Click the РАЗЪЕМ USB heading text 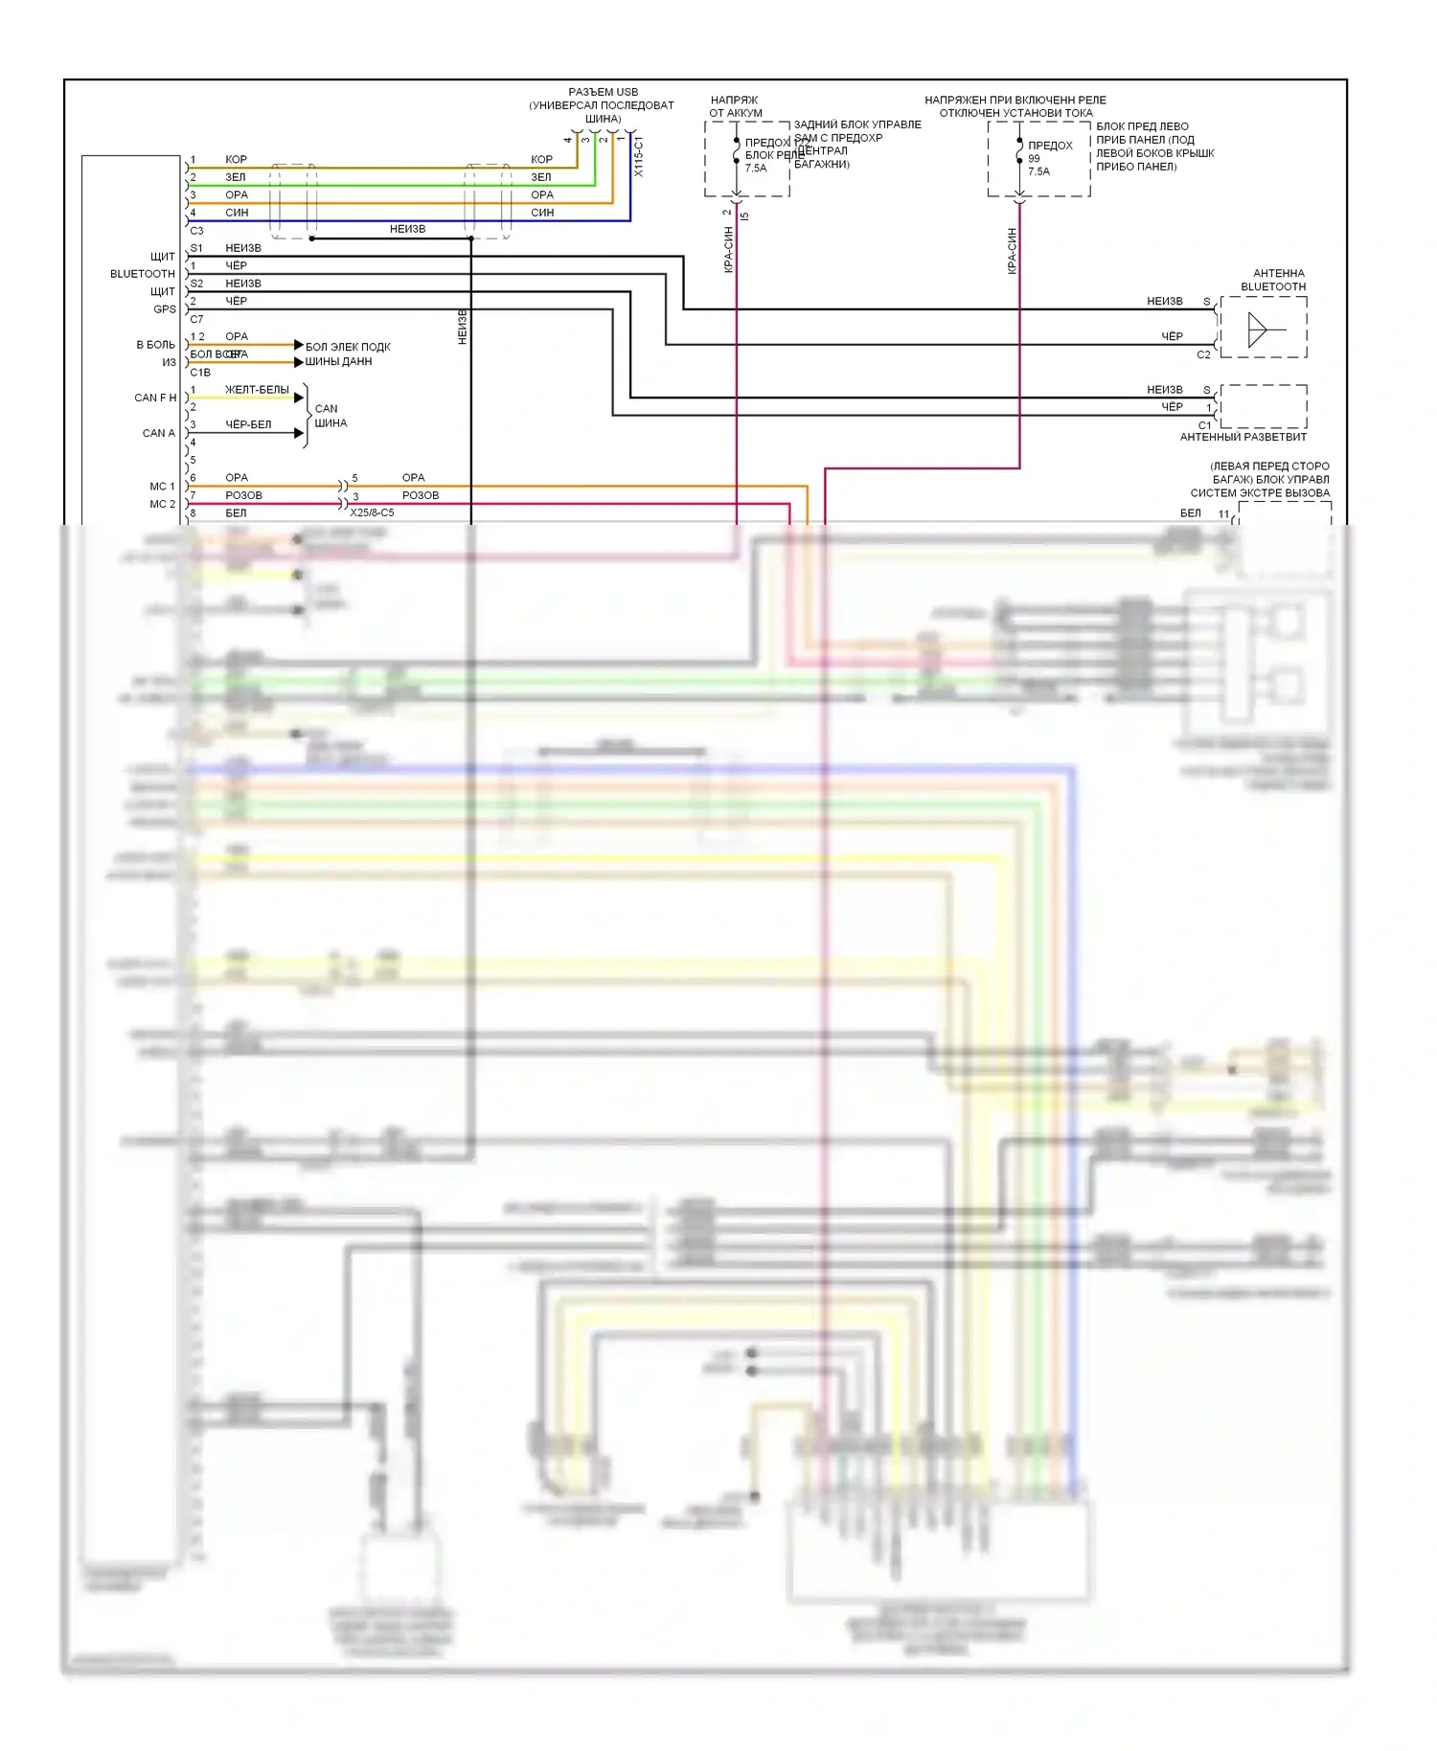pos(603,92)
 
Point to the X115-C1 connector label pos(639,156)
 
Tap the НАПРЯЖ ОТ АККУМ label pos(735,106)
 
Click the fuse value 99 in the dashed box pos(1034,159)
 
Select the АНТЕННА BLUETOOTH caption pos(1274,280)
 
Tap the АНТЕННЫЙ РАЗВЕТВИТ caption pos(1243,437)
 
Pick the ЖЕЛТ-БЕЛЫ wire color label pos(257,390)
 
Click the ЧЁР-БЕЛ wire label pos(248,424)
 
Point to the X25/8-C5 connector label pos(372,512)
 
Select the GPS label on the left pos(165,309)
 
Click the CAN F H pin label pos(155,398)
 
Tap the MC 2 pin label pos(162,504)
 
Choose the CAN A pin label pos(159,433)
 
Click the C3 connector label pos(196,231)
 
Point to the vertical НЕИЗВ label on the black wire pos(463,327)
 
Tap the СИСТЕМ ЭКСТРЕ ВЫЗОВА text pos(1260,493)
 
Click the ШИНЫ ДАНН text pos(338,362)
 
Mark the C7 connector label pos(196,319)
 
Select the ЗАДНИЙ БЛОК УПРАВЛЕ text pos(857,125)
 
